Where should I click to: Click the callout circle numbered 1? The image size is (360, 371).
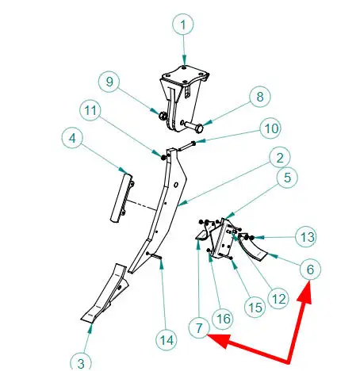click(183, 25)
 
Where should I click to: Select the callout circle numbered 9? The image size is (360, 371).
click(109, 82)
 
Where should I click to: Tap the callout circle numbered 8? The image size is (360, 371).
click(260, 97)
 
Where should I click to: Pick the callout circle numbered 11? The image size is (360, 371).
click(90, 110)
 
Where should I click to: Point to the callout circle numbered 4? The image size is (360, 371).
click(72, 138)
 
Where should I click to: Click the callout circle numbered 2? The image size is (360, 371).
click(280, 158)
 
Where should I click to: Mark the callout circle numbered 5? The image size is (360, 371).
click(287, 178)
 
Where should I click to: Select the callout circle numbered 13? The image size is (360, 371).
click(306, 237)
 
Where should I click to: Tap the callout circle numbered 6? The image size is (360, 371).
click(310, 269)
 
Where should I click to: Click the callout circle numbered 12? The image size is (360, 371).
click(278, 299)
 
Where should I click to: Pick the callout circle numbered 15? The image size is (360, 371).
click(255, 308)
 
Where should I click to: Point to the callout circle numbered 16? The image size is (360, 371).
click(223, 319)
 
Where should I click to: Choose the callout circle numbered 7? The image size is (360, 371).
click(199, 327)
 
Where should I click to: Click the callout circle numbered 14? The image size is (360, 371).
click(167, 340)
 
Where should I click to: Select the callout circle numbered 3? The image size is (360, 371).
click(81, 362)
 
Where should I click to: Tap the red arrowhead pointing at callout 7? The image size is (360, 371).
click(220, 340)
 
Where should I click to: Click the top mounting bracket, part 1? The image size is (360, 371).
click(184, 98)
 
